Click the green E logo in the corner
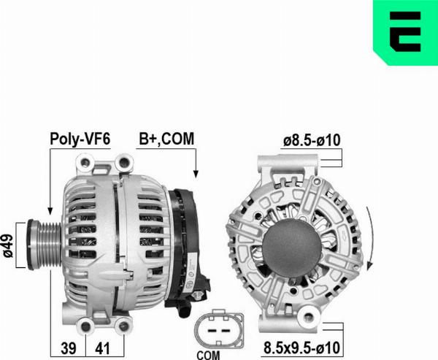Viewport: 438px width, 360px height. [405, 32]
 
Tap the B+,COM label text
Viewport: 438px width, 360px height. [166, 137]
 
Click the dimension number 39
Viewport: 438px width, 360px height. [69, 348]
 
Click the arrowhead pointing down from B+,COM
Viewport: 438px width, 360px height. [195, 175]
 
